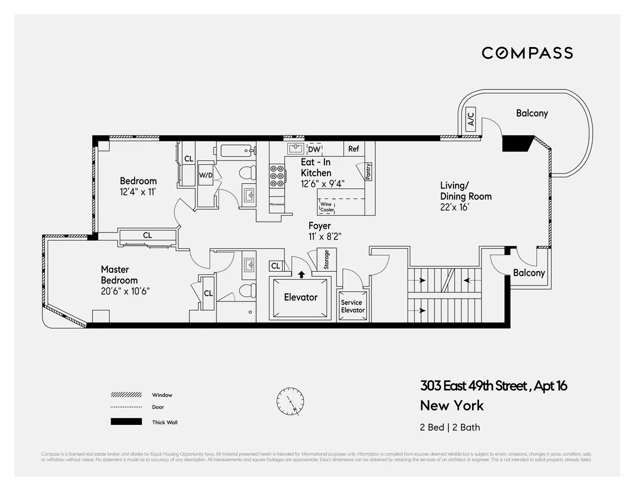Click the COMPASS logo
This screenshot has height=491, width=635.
pyautogui.click(x=527, y=53)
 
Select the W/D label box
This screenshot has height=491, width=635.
pyautogui.click(x=206, y=175)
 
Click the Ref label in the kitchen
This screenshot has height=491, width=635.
pyautogui.click(x=353, y=149)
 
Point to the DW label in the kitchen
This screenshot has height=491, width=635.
pyautogui.click(x=314, y=149)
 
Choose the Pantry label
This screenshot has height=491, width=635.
pyautogui.click(x=368, y=171)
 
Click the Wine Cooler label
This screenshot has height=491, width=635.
pyautogui.click(x=327, y=207)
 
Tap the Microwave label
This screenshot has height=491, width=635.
pyautogui.click(x=277, y=204)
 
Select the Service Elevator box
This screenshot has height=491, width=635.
pyautogui.click(x=352, y=306)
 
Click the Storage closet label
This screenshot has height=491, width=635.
pyautogui.click(x=326, y=260)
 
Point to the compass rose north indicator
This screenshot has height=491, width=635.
pyautogui.click(x=289, y=402)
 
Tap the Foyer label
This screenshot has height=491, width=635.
pyautogui.click(x=320, y=226)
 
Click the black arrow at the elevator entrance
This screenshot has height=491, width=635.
pyautogui.click(x=301, y=274)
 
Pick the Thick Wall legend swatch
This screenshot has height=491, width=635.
pyautogui.click(x=126, y=422)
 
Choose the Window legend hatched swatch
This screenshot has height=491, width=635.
pyautogui.click(x=126, y=395)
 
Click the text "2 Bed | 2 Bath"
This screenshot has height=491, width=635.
pyautogui.click(x=450, y=427)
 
